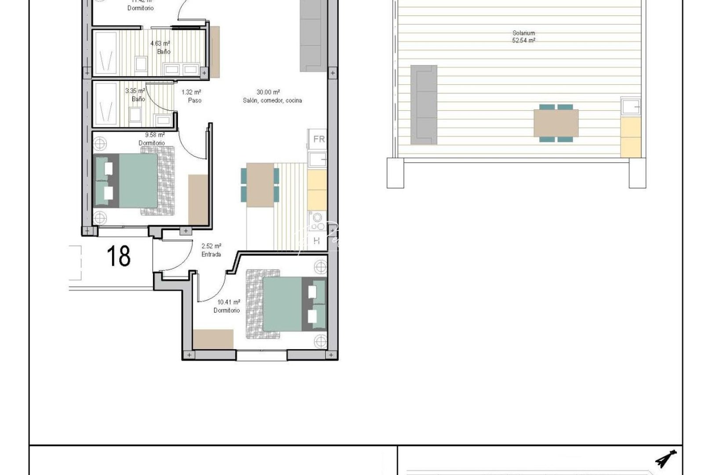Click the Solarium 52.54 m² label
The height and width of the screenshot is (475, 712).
tap(523, 37)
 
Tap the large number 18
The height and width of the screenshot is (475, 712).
tap(119, 256)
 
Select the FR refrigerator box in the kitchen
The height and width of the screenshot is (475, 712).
tap(319, 139)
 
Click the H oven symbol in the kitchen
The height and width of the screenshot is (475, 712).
tap(317, 241)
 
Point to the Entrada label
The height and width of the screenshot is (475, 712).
tap(211, 250)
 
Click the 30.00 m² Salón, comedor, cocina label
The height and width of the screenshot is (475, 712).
tap(272, 96)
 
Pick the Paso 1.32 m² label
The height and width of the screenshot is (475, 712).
tap(192, 96)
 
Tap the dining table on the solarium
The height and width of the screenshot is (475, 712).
tap(556, 123)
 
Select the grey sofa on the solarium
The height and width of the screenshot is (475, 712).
tap(424, 105)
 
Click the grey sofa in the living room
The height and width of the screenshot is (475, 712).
tap(314, 35)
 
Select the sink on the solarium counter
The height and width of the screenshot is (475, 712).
tap(630, 107)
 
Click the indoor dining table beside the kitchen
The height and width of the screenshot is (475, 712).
tap(260, 185)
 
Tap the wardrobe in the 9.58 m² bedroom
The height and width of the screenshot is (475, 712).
tap(198, 199)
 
